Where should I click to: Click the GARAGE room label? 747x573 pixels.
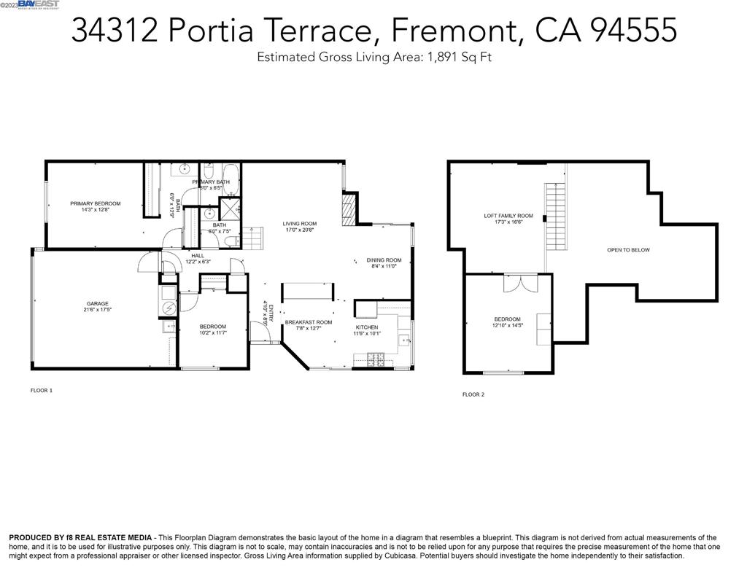point(97,303)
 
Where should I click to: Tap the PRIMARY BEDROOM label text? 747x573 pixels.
point(95,203)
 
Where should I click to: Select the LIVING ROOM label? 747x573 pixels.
point(299,223)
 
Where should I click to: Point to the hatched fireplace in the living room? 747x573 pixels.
point(350,207)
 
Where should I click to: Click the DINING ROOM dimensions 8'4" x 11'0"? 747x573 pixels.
point(384,266)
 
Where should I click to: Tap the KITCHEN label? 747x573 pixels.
point(367,327)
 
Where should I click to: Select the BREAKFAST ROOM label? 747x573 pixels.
point(308,321)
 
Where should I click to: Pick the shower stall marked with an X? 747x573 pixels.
point(228,208)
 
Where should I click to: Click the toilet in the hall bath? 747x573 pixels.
point(229,241)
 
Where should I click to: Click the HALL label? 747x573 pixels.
point(197,255)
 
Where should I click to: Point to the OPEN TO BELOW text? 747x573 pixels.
point(627,250)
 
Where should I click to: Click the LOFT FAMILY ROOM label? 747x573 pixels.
point(508,216)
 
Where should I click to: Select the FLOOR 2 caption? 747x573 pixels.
point(473,394)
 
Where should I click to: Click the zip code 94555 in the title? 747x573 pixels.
point(632,31)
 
